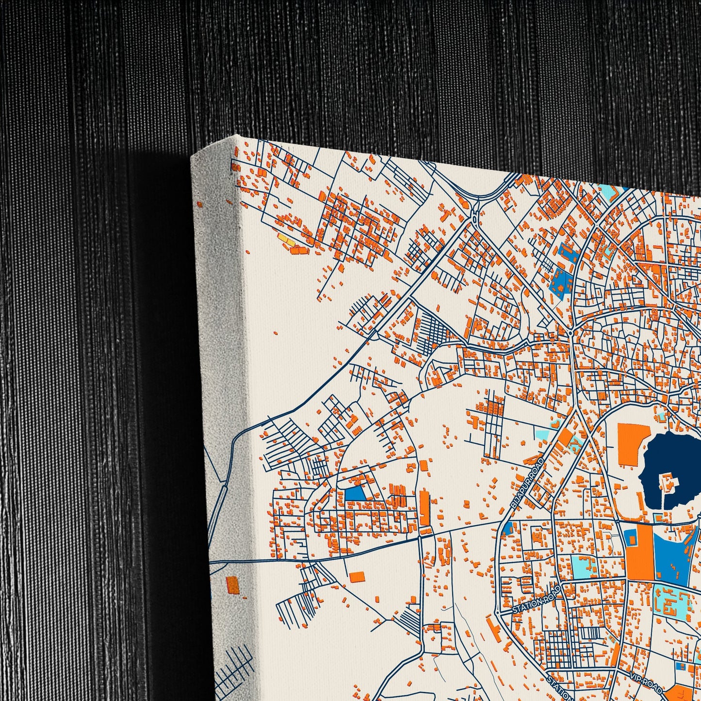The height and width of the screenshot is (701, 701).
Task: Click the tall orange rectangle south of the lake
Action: click(639, 553)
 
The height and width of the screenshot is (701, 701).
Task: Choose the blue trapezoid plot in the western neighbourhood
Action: click(355, 494)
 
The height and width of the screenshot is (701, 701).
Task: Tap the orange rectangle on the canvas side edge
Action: click(233, 585)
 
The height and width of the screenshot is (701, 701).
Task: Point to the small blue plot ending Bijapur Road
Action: click(508, 528)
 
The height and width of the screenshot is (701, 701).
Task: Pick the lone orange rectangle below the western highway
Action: click(357, 576)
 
